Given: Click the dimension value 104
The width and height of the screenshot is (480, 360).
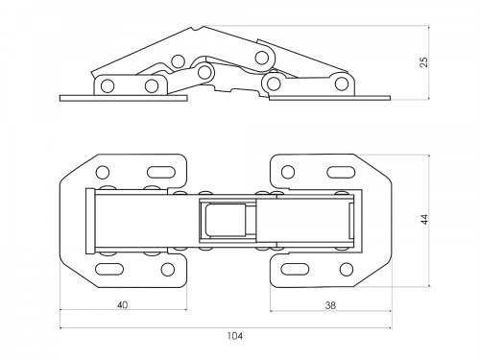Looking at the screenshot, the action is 235,336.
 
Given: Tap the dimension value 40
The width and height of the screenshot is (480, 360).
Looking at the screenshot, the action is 123,305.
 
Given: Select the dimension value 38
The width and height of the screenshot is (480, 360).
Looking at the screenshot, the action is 330,305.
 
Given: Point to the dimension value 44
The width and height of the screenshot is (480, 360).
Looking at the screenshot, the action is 424,220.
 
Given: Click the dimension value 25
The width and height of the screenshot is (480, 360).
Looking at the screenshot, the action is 423,62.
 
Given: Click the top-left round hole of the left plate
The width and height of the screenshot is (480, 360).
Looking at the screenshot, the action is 103,172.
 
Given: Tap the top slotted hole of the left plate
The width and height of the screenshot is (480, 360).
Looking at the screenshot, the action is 161,172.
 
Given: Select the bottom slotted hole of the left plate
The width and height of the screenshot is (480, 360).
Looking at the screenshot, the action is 109,269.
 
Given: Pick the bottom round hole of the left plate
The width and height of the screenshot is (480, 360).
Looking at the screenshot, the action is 168,269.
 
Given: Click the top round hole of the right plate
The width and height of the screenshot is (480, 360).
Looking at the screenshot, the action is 288,172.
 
